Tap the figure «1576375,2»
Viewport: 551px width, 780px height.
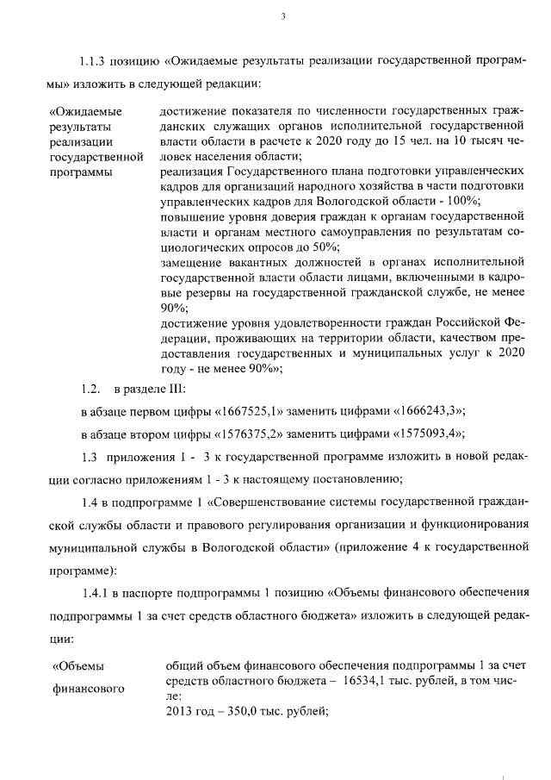click(x=236, y=433)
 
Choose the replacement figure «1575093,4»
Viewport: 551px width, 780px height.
click(x=423, y=433)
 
